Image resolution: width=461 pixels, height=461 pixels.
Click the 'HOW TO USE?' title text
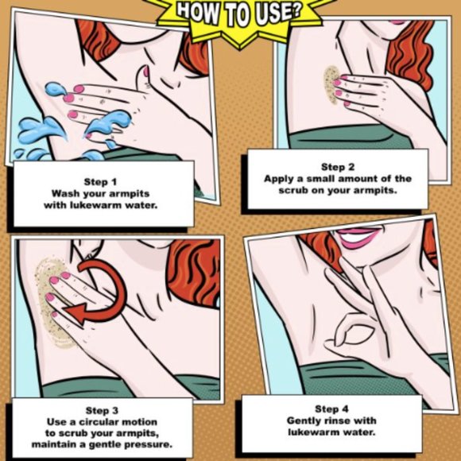[239, 14]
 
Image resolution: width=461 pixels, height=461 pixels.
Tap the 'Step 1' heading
[101, 182]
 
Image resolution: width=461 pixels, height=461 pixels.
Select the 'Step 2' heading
[338, 167]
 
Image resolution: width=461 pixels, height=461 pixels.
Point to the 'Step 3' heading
[102, 410]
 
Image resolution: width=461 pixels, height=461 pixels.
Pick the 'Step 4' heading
[331, 409]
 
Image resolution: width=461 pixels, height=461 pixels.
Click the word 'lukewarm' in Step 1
[95, 205]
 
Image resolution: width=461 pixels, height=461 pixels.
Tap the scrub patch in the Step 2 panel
[331, 85]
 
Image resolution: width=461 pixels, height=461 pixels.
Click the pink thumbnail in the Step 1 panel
[145, 72]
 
